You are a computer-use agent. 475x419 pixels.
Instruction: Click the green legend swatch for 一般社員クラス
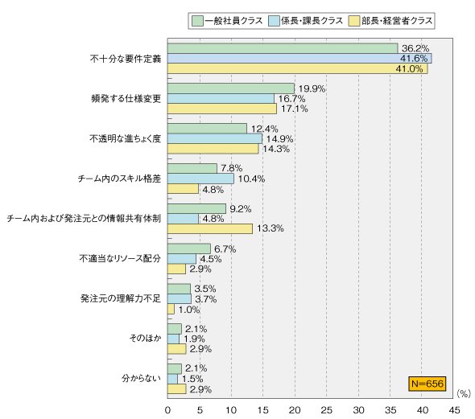tap(197, 21)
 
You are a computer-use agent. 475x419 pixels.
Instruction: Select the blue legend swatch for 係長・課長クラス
tap(274, 21)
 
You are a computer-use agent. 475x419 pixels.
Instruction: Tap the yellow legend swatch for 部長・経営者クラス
tap(353, 21)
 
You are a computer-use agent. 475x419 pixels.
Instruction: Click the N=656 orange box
tap(427, 384)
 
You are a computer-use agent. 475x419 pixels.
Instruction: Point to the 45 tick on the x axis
tap(454, 410)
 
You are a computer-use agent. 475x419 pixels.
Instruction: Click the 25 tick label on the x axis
tap(327, 410)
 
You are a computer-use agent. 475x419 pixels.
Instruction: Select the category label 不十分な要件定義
tap(126, 59)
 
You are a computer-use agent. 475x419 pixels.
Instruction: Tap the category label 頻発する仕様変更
tap(126, 99)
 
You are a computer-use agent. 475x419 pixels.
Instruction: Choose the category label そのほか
tap(145, 338)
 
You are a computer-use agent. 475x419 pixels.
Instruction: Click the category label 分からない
tap(141, 378)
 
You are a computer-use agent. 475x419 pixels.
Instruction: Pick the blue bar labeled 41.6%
tap(299, 59)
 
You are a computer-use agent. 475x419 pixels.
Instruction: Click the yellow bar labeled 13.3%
tap(210, 228)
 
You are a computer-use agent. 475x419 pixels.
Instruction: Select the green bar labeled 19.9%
tap(231, 88)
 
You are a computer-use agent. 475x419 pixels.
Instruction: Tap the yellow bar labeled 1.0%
tap(171, 309)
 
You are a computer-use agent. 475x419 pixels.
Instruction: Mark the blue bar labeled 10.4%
tap(200, 179)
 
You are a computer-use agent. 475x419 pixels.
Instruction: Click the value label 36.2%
tap(415, 48)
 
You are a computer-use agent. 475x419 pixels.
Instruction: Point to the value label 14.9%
tap(279, 139)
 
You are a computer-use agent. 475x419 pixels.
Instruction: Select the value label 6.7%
tap(225, 249)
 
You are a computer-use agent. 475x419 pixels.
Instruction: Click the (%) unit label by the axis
tap(464, 393)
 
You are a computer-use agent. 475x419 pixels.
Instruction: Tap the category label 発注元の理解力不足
tap(121, 298)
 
